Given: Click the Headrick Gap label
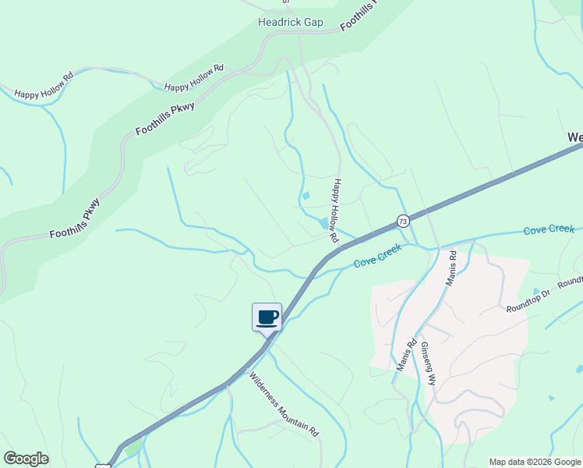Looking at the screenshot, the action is point(290,23).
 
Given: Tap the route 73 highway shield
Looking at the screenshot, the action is point(402,221).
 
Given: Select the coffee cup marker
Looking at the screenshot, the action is point(267,317).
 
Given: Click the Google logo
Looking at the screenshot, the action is point(26,459).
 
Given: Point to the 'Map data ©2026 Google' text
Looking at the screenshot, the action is point(535,462).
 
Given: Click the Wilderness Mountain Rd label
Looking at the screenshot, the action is point(284,403).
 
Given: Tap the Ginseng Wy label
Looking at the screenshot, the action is point(428,363).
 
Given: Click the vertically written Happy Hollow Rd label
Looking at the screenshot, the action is point(337,209).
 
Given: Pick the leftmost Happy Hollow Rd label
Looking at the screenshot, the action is point(44,85).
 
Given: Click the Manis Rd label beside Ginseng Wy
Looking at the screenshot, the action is point(406,355).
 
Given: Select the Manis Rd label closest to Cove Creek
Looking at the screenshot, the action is point(450,268).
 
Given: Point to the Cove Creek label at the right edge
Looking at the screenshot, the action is point(549,230).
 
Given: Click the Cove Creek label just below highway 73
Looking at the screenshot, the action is point(377,256).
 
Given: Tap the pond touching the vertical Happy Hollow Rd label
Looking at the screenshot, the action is point(323,224).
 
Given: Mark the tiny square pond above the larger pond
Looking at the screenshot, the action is point(306,196).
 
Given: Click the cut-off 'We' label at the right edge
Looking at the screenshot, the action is point(574,138).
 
